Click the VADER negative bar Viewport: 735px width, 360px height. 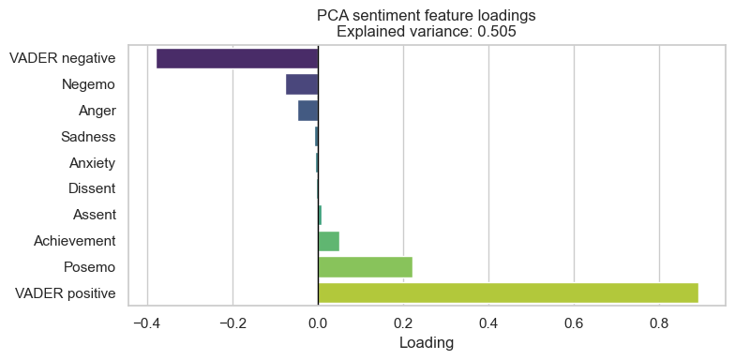coord(237,58)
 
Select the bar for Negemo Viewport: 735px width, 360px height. coord(302,84)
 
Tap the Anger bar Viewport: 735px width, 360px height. coord(308,111)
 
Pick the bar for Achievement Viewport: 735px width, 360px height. coord(328,242)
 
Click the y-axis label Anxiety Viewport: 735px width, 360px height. coord(92,163)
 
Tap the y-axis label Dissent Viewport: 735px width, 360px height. coord(92,189)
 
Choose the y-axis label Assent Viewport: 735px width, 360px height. coord(94,216)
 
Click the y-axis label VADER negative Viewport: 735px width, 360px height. coord(62,58)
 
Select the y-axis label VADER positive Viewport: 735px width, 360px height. coord(65,294)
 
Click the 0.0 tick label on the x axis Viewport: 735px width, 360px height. coord(318,323)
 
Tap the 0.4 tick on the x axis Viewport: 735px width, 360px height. coord(488,323)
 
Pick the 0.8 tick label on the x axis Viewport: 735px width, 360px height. coord(660,323)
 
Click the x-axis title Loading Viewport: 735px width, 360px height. coord(427,343)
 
